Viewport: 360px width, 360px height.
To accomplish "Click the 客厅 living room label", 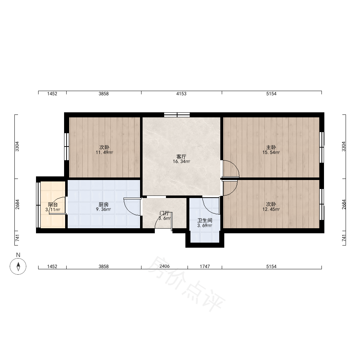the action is tap(181, 157).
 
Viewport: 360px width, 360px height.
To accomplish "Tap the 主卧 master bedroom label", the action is tap(271, 147).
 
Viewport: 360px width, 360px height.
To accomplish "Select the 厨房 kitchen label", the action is tap(104, 204).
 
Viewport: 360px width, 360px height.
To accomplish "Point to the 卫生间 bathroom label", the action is tap(205, 221).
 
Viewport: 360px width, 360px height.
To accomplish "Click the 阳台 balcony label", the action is tap(53, 204).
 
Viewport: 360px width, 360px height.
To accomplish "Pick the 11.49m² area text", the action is tap(104, 152).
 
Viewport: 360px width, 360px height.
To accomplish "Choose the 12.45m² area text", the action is tap(271, 210).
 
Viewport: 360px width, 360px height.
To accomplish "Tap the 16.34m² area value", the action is tap(181, 162).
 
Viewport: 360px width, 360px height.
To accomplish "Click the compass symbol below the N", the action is tap(18, 266).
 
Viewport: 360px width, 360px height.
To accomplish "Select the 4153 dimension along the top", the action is tap(181, 94).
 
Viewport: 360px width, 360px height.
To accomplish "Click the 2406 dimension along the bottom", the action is tap(165, 266).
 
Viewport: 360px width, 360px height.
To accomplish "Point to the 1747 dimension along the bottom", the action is tap(205, 266).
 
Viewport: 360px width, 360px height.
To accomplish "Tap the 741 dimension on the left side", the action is tap(17, 238).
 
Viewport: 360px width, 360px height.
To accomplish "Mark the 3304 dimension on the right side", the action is tap(343, 147).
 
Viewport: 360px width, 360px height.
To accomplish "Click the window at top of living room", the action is tap(177, 115).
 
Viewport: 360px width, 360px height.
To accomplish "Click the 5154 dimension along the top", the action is tap(271, 94).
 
